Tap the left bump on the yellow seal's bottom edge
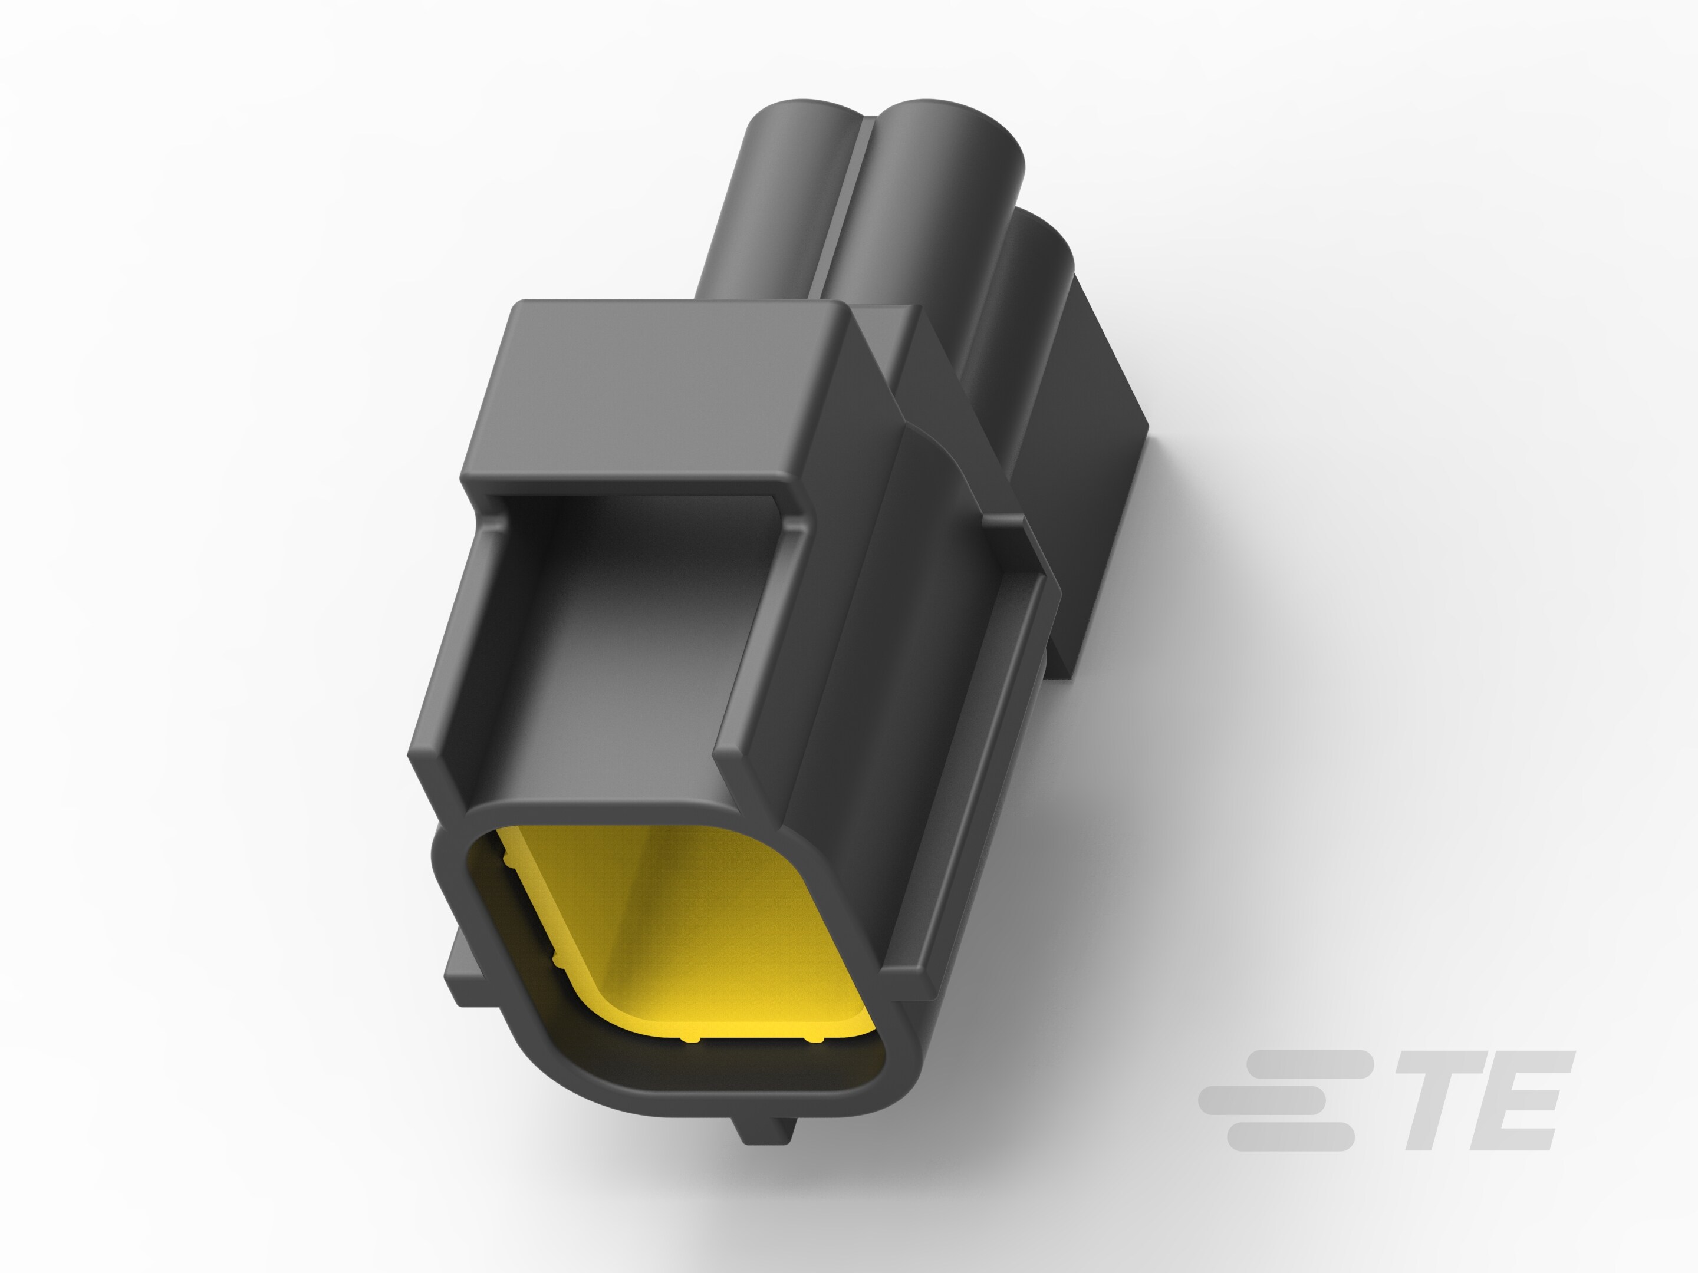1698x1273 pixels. [689, 1039]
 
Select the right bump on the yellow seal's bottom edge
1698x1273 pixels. [813, 1040]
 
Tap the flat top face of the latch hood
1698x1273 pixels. [653, 384]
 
